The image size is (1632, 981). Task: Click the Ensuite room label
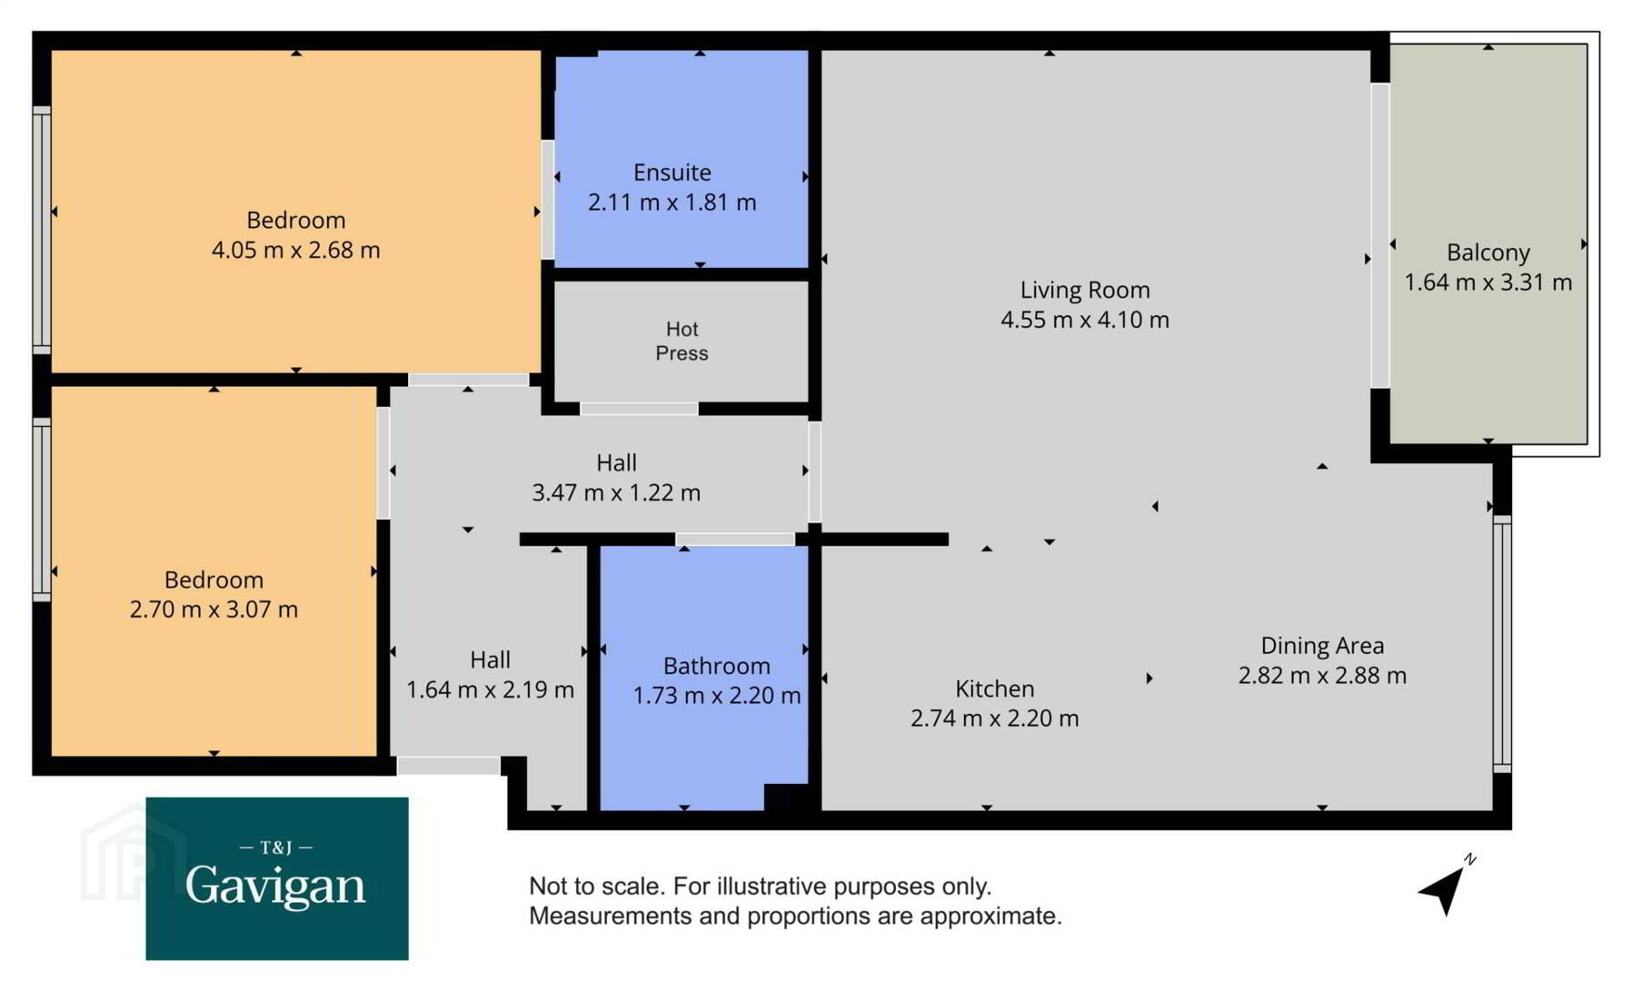click(672, 173)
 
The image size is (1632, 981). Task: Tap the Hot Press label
click(682, 341)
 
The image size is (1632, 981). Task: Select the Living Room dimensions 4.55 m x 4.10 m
click(1085, 320)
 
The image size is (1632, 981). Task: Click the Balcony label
click(1488, 253)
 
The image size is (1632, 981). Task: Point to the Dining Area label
click(1322, 646)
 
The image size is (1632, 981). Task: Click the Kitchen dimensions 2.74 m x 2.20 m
click(995, 718)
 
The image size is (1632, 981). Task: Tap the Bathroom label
click(717, 666)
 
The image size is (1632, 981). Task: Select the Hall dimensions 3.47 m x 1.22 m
click(616, 493)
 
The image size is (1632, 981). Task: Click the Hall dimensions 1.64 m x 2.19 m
click(490, 690)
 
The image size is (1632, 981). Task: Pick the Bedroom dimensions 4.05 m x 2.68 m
click(296, 250)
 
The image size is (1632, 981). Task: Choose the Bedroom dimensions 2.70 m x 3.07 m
click(214, 609)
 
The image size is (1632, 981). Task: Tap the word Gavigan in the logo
click(275, 886)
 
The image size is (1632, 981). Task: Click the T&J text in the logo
click(276, 847)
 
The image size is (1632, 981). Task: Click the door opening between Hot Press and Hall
click(639, 409)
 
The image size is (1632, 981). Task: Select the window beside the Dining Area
click(1502, 644)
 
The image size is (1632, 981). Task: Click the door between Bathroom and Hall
click(735, 540)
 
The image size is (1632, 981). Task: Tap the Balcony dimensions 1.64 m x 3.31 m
click(1488, 282)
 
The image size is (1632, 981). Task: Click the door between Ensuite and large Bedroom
click(548, 200)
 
